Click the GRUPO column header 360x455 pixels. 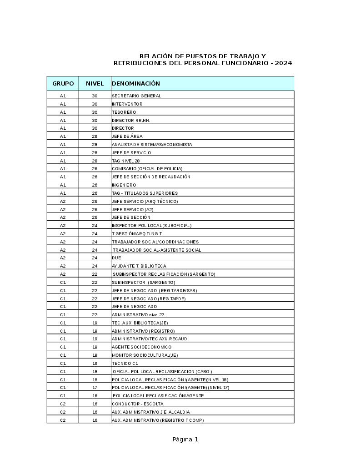[x=63, y=84]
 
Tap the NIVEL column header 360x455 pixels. [x=95, y=84]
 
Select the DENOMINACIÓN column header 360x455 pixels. [x=136, y=84]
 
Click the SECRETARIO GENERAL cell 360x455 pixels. [x=136, y=96]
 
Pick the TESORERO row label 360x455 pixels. [x=124, y=112]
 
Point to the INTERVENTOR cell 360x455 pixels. [x=127, y=104]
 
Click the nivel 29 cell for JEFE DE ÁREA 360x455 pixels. [x=95, y=136]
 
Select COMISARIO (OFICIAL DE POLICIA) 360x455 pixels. [x=147, y=169]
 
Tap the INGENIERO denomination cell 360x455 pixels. [x=124, y=185]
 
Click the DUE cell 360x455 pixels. [x=116, y=258]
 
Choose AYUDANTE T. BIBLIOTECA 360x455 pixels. [x=139, y=266]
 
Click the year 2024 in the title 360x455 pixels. [x=283, y=63]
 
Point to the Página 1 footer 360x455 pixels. [x=185, y=440]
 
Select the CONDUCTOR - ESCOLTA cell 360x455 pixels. [x=137, y=404]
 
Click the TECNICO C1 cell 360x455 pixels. [x=125, y=364]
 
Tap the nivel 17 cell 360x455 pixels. [x=95, y=388]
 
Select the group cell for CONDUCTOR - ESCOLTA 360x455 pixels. [x=63, y=404]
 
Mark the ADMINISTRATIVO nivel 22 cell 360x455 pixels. [x=138, y=315]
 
